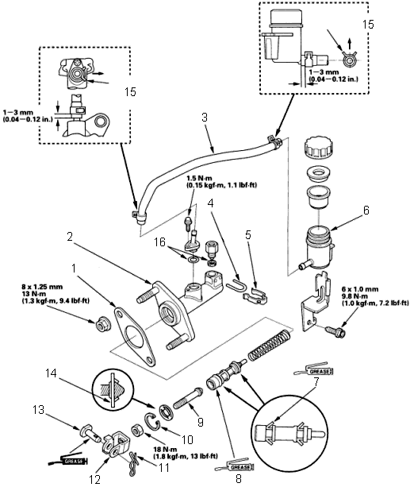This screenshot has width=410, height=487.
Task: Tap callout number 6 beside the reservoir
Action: [366, 211]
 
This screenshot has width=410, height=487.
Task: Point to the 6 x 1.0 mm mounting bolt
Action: [335, 331]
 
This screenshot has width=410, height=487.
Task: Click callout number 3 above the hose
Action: [205, 118]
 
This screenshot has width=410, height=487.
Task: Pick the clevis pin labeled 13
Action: [90, 433]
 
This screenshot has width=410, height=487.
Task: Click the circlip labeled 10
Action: [152, 422]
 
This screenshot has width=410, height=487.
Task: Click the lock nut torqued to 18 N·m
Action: [136, 431]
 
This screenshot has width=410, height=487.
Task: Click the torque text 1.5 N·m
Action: [198, 179]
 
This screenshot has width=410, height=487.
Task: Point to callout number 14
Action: [52, 373]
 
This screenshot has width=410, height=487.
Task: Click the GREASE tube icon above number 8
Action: [236, 466]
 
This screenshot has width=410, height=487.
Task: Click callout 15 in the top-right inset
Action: [368, 24]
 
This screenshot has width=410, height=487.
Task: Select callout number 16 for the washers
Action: [159, 242]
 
